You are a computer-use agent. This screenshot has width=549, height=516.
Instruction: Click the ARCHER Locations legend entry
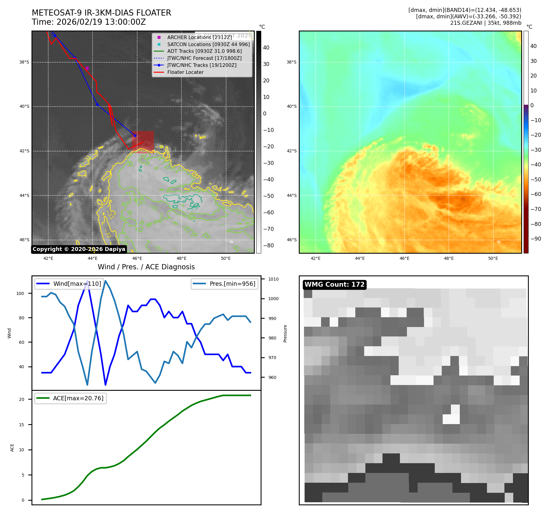199,37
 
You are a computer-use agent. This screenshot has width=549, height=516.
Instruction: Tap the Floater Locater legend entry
185,72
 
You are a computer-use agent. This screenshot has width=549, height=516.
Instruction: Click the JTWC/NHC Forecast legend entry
204,58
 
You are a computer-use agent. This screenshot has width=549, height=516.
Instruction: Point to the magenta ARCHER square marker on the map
87,68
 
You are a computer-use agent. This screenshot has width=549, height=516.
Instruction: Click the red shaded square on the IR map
143,142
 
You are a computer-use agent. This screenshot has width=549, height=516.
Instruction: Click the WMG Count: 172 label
335,285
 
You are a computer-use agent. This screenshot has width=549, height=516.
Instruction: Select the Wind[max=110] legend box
69,284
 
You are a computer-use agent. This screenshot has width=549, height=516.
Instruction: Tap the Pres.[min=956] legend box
225,284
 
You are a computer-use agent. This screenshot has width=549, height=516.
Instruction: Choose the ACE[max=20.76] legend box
71,398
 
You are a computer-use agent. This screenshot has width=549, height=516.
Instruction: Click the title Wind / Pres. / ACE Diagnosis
146,267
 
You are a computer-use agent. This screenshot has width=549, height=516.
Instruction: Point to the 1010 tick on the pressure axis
273,279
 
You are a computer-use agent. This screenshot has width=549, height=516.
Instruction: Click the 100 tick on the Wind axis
20,293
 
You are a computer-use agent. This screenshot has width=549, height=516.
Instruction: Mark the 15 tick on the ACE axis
21,425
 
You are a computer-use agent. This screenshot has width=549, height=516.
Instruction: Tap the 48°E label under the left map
181,258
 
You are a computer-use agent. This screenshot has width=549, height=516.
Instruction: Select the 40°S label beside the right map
291,107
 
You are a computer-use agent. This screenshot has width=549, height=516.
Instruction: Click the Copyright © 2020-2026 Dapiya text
79,249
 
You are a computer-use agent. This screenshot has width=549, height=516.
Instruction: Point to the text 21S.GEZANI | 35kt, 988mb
485,23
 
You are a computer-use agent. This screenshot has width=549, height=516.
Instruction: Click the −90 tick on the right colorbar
536,239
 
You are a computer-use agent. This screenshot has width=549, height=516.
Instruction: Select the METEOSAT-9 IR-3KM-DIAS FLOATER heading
101,13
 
